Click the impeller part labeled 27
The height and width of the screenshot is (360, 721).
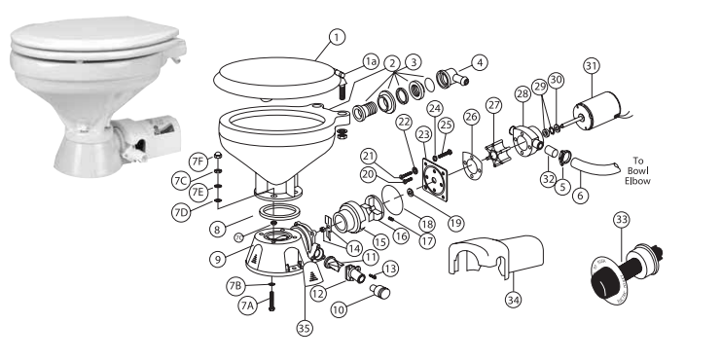503,140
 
